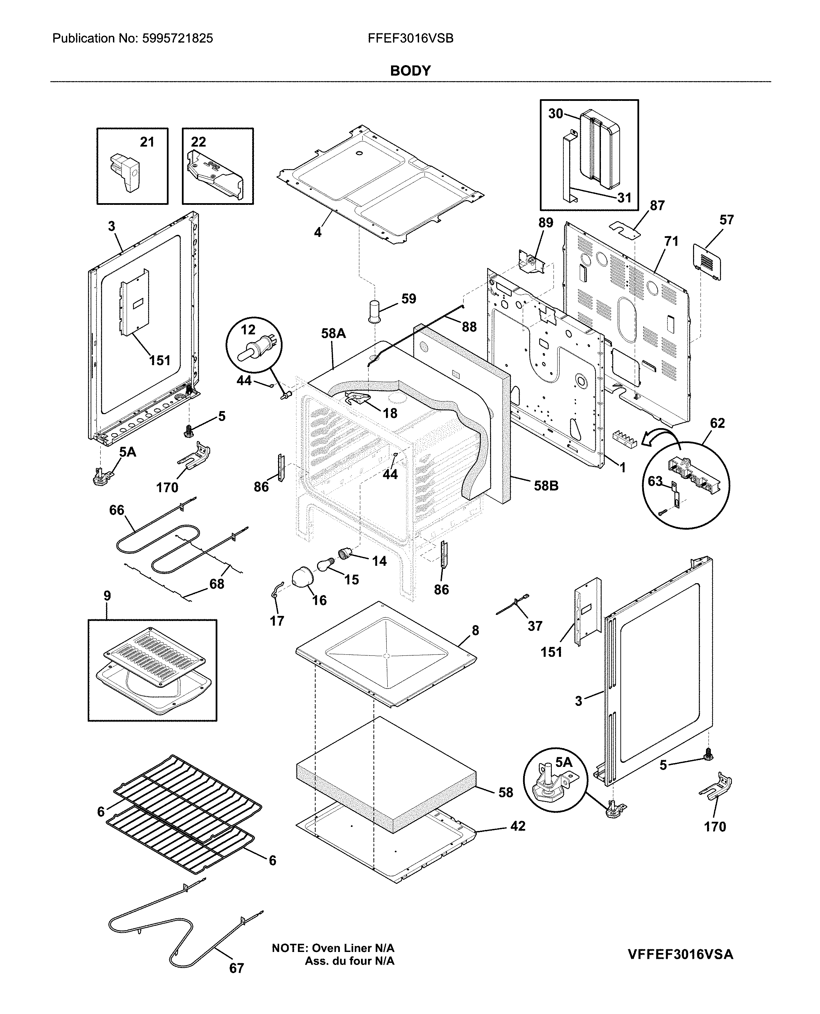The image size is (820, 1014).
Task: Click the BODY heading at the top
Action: point(410,71)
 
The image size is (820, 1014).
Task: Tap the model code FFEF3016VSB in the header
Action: point(411,38)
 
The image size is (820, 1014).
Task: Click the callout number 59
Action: point(408,298)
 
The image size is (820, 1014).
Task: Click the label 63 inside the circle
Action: point(655,481)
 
